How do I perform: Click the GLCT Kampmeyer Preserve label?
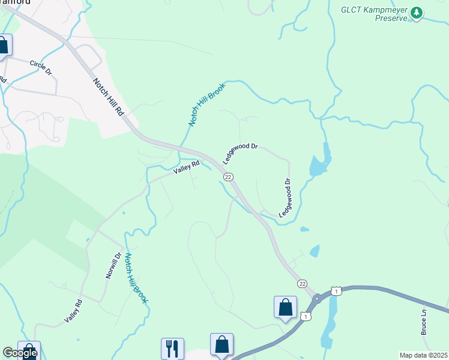374,13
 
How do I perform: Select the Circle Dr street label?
41,67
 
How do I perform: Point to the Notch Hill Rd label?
108,97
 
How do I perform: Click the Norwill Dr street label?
113,265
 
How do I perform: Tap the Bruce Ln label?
424,322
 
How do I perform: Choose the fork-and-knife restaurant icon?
172,348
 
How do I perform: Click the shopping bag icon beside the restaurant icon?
221,344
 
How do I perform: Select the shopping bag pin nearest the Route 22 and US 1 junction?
285,307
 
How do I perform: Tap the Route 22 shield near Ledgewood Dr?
228,177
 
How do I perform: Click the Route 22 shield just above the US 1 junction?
301,283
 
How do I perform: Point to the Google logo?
20,353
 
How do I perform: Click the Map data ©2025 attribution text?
423,355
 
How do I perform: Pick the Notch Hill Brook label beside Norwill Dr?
136,277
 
